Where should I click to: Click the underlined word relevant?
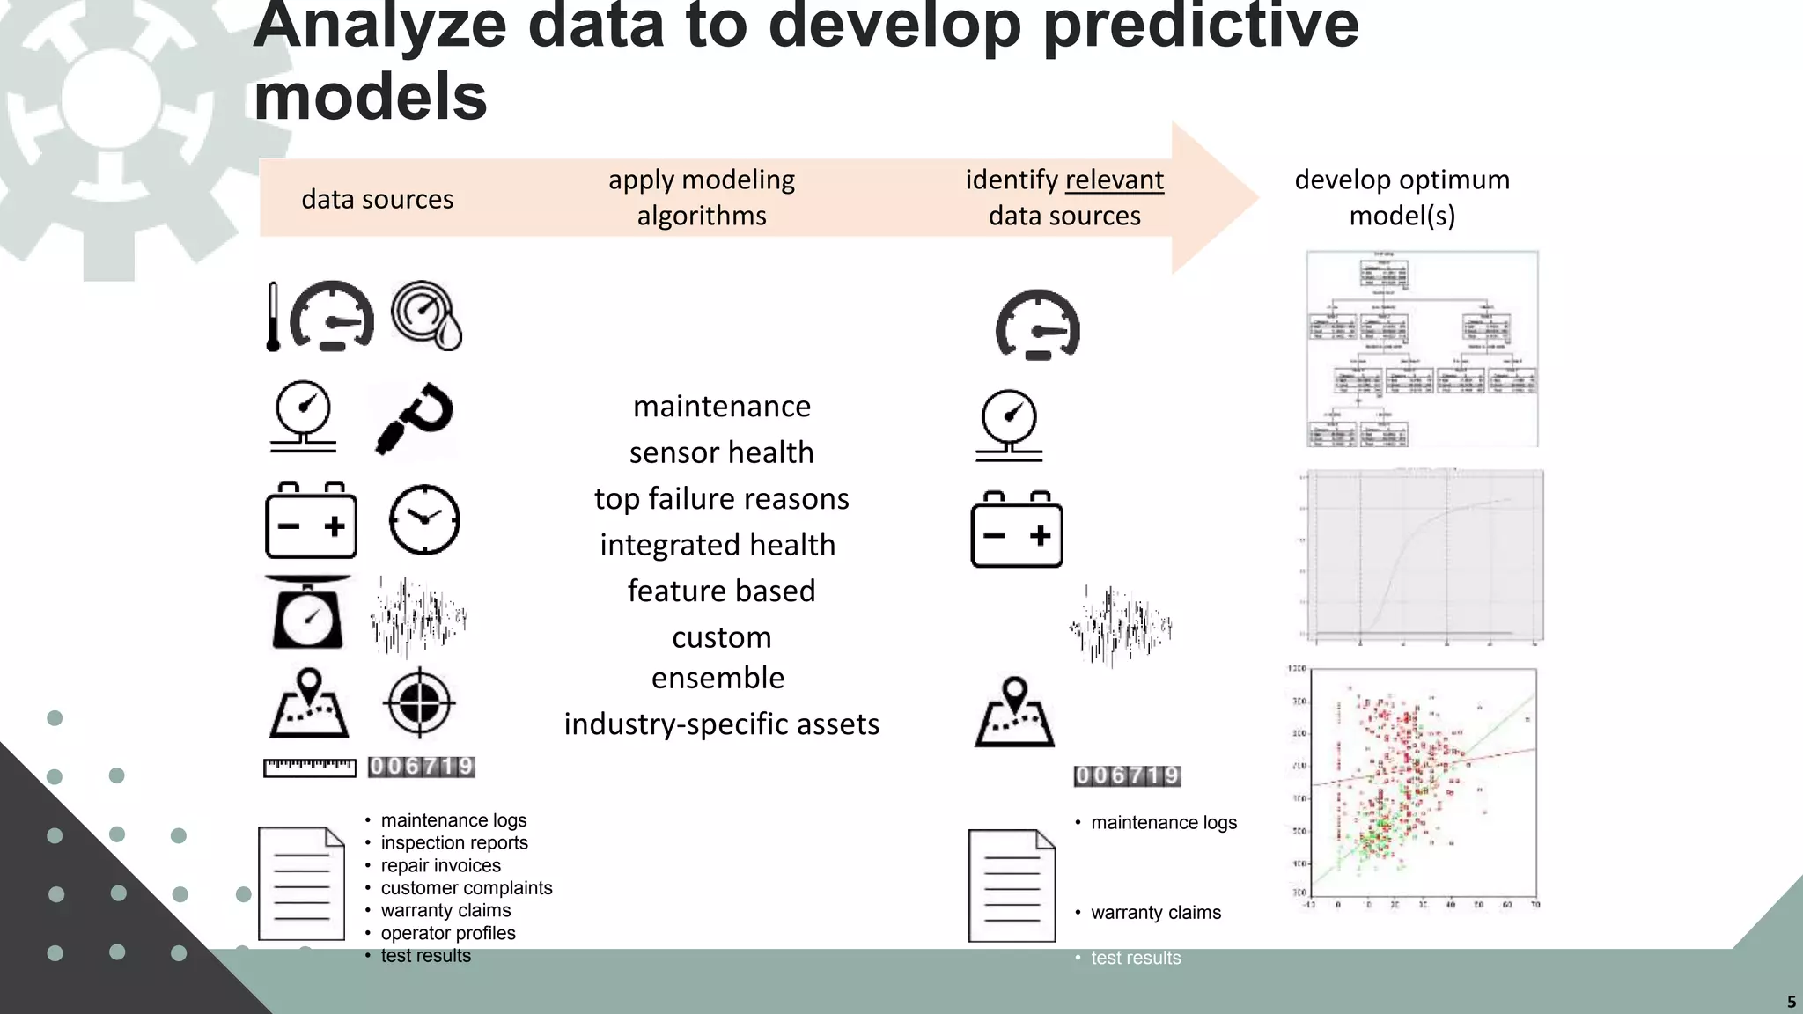tap(1114, 180)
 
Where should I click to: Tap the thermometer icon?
tap(273, 317)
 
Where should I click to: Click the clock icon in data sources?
tap(424, 519)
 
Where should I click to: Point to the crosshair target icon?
tap(419, 702)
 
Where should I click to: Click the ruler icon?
tap(310, 768)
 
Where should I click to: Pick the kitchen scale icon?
tap(307, 614)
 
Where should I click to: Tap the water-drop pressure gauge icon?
tap(427, 315)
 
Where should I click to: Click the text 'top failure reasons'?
tap(721, 498)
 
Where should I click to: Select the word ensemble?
tap(718, 678)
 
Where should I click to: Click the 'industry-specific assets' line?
tap(721, 724)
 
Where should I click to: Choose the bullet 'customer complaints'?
tap(466, 888)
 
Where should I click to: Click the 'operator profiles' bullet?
tap(447, 933)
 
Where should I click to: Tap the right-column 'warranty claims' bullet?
tap(1155, 913)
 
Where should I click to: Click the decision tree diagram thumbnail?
tap(1422, 349)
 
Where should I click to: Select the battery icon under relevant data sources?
tap(1017, 530)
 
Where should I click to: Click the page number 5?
tap(1791, 1002)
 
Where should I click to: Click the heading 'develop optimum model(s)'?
tap(1402, 197)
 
